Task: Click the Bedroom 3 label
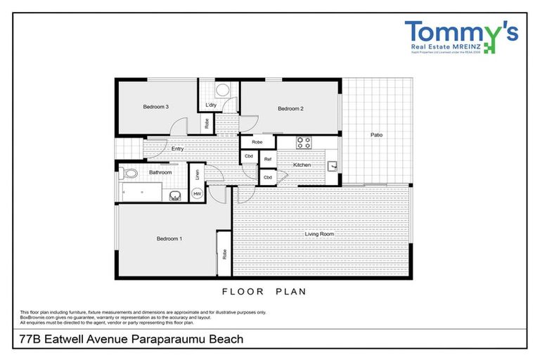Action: [x=155, y=107]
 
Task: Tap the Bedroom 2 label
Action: [x=290, y=108]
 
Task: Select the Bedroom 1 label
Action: [x=169, y=239]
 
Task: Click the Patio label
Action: [x=376, y=134]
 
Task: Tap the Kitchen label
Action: [x=311, y=165]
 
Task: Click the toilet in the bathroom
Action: [x=129, y=172]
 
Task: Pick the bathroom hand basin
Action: [x=175, y=196]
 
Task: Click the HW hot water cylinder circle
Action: [x=198, y=193]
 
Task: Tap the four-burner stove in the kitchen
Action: [x=304, y=142]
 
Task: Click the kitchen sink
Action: [x=334, y=166]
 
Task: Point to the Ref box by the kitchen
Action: [x=268, y=160]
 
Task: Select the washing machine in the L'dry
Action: [x=222, y=90]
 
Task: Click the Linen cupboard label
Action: [x=198, y=173]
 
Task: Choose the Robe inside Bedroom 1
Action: [x=224, y=254]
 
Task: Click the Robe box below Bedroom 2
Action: [x=257, y=142]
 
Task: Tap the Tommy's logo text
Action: [x=461, y=32]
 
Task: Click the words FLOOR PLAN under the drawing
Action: [x=264, y=291]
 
